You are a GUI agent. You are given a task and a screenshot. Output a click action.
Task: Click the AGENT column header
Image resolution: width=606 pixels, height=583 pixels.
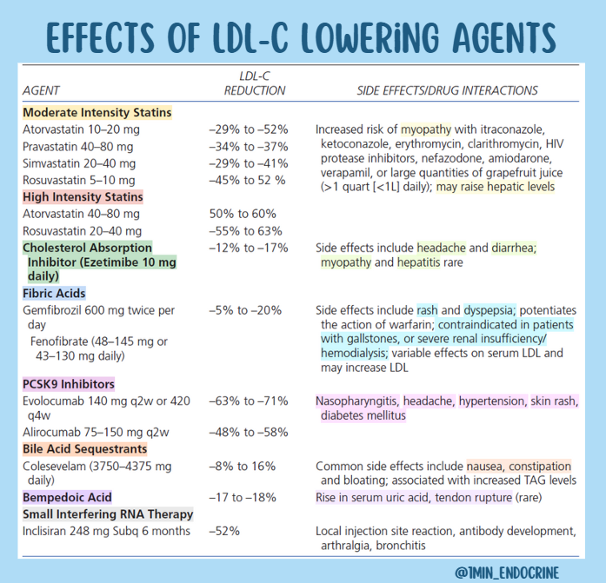[x=41, y=90]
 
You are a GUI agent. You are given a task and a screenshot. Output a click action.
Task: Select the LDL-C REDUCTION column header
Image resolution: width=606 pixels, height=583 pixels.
[x=255, y=83]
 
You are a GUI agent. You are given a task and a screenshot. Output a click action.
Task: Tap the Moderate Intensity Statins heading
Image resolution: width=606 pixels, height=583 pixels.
[x=97, y=112]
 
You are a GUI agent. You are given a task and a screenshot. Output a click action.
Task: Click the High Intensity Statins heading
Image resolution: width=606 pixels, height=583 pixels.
[x=83, y=197]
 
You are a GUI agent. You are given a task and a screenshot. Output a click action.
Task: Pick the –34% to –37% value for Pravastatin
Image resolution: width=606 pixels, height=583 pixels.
[x=249, y=147]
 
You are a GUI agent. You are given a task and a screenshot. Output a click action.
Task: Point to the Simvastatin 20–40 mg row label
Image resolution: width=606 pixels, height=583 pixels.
[x=79, y=163]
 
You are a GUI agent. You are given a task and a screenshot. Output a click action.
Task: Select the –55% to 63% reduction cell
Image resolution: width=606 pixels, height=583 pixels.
[x=246, y=231]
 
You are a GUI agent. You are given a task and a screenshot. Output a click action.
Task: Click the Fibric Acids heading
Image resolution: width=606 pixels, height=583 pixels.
[x=54, y=294]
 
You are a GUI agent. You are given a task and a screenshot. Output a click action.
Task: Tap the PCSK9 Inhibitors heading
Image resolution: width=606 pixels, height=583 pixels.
[x=69, y=384]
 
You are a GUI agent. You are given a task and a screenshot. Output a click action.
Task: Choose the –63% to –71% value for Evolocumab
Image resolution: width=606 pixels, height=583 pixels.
[x=249, y=401]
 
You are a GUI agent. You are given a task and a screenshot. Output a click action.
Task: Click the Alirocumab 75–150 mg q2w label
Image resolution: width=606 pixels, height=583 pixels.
[x=96, y=432]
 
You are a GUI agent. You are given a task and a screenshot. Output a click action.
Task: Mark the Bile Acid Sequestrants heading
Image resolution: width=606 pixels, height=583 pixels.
[x=85, y=449]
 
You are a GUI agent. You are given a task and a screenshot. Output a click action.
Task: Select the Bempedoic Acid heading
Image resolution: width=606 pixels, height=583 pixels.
[x=67, y=497]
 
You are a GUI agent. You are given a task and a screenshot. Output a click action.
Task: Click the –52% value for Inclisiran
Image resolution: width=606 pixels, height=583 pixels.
[x=224, y=531]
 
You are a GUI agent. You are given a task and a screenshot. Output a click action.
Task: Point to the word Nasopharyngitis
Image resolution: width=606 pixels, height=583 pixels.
[x=357, y=401]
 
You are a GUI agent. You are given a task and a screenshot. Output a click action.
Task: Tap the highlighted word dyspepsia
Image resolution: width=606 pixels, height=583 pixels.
[x=489, y=310]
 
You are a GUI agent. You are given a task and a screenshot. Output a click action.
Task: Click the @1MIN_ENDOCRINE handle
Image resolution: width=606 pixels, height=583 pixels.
[x=507, y=573]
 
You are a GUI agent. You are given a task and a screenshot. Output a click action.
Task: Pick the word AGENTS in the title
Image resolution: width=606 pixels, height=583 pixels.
[x=504, y=37]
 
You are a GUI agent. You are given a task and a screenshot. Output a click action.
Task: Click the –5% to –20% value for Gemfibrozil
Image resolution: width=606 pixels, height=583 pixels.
[x=245, y=310]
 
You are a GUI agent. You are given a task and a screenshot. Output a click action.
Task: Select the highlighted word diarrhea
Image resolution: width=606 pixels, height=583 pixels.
[x=514, y=248]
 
